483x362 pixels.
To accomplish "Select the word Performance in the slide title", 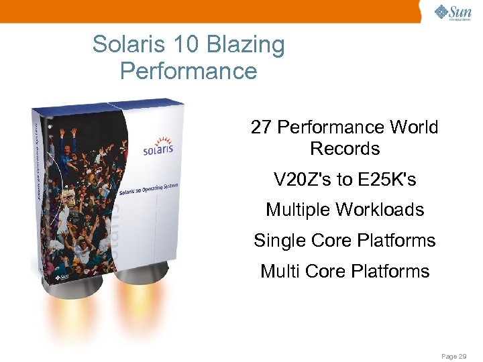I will [189, 71].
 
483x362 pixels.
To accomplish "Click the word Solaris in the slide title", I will [127, 46].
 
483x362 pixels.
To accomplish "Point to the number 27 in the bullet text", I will [261, 127].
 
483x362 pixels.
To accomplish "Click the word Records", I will [345, 149].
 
